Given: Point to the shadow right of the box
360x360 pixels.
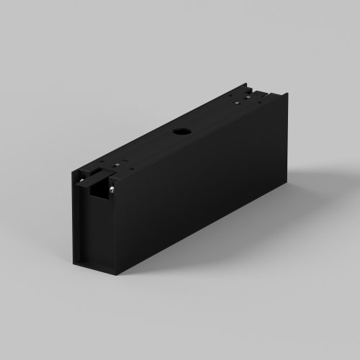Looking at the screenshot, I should (x=310, y=180).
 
